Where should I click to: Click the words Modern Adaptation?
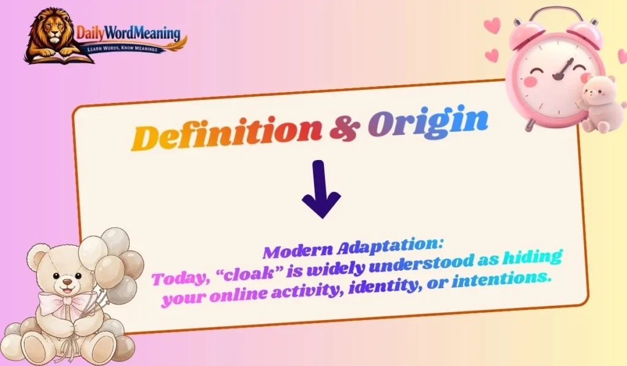point(353,248)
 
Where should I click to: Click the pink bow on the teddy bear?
point(61,302)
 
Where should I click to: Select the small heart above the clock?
point(492,25)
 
